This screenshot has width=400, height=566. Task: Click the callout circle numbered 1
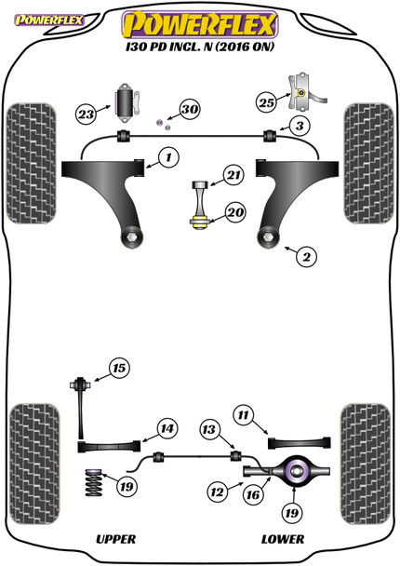tap(167, 158)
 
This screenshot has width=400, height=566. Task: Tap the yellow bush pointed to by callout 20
tap(199, 221)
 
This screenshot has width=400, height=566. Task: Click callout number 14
tap(165, 429)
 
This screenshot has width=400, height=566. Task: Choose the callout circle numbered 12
tap(210, 429)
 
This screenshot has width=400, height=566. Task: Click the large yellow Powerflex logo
tap(200, 19)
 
